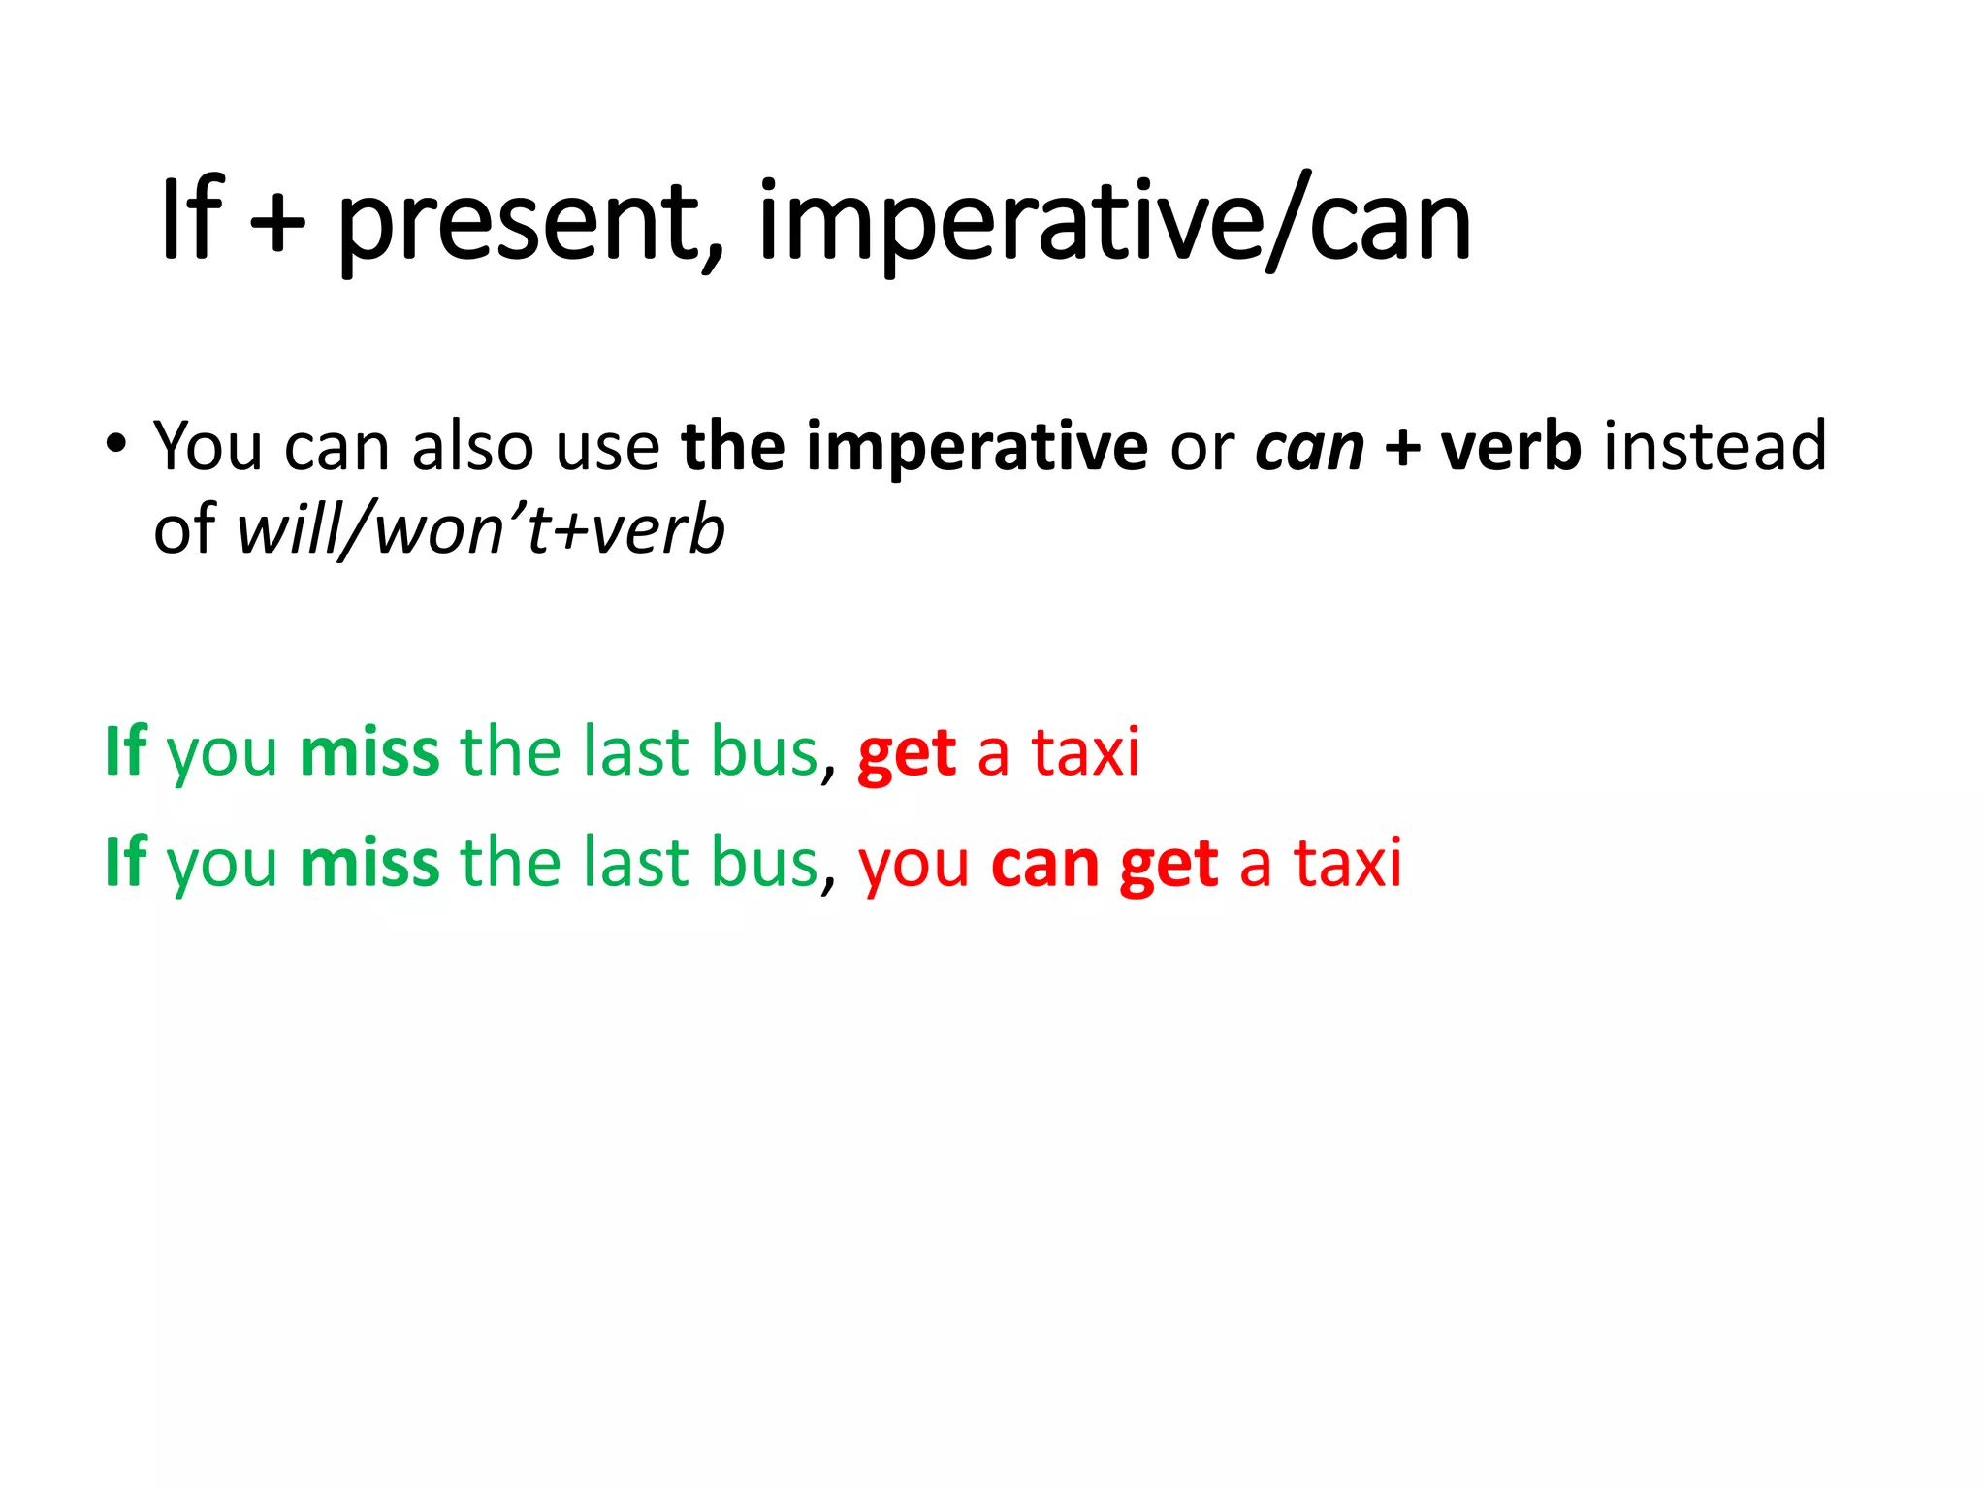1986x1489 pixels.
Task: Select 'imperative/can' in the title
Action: click(x=1113, y=225)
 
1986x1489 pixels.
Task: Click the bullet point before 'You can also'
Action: click(x=116, y=445)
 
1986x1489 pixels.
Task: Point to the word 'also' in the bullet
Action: click(x=472, y=447)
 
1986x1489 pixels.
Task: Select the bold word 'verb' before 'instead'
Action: click(x=1511, y=447)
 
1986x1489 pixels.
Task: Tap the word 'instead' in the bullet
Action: click(x=1715, y=447)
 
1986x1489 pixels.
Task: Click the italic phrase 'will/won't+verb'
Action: click(x=481, y=530)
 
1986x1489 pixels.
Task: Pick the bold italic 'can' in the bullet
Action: click(x=1309, y=449)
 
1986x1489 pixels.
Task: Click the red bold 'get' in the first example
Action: click(x=907, y=754)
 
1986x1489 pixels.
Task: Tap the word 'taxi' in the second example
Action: click(x=1348, y=863)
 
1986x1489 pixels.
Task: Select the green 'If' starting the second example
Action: click(x=125, y=862)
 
